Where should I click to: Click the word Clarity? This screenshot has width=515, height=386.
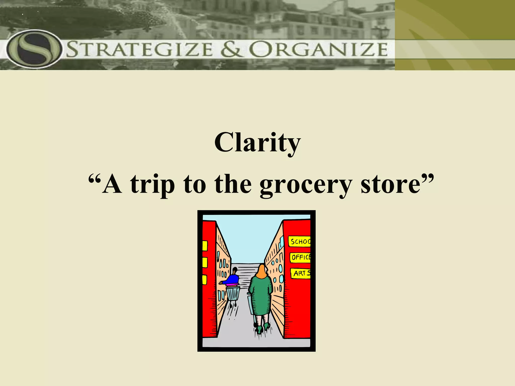tap(257, 142)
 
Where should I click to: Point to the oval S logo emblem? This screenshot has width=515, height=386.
tap(34, 49)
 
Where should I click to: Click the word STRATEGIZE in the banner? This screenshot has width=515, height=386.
tap(140, 49)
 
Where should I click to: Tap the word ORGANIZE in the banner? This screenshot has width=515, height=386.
tap(318, 49)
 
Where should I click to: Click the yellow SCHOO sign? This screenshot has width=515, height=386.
tap(300, 242)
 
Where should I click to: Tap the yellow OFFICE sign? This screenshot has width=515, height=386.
tap(300, 257)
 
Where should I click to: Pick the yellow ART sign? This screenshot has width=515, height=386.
tap(301, 273)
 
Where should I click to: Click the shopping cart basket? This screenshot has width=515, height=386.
tap(233, 294)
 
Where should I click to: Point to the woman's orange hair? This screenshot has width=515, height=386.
tap(262, 271)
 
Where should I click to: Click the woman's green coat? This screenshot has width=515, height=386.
tap(262, 295)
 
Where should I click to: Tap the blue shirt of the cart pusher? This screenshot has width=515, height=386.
tap(233, 279)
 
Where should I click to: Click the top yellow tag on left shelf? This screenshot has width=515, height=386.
tap(205, 246)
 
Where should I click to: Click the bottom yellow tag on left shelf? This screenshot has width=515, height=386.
tap(204, 280)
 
